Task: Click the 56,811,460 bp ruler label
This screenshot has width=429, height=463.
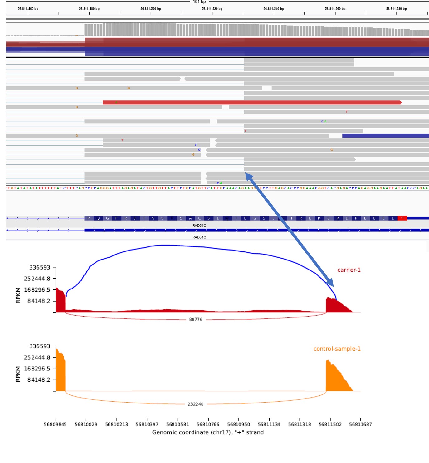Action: click(x=28, y=9)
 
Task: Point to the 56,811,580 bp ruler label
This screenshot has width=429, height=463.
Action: click(x=396, y=9)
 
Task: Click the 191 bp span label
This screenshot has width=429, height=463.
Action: click(x=199, y=2)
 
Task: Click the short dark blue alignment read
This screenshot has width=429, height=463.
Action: click(x=385, y=136)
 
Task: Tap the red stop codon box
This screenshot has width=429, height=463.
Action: click(x=402, y=218)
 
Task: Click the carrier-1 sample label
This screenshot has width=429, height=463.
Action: click(x=349, y=270)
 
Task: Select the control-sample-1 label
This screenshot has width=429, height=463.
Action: click(x=337, y=349)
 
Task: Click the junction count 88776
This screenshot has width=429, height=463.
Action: click(x=196, y=319)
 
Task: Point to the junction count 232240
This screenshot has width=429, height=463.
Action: click(x=195, y=404)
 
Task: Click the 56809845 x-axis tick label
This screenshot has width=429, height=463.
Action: click(x=55, y=424)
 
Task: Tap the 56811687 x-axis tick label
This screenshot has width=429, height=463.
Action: click(x=360, y=424)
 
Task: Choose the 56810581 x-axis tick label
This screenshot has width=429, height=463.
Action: click(x=178, y=424)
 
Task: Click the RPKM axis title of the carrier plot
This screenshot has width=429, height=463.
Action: click(x=18, y=295)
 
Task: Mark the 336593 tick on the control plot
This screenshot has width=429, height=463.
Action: click(x=40, y=346)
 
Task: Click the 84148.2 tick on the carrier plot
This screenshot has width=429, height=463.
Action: click(x=39, y=301)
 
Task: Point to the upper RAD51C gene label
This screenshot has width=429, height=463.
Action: click(x=199, y=225)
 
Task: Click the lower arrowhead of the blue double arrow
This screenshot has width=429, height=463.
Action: click(x=331, y=283)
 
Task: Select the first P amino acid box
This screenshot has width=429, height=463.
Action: click(x=89, y=218)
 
